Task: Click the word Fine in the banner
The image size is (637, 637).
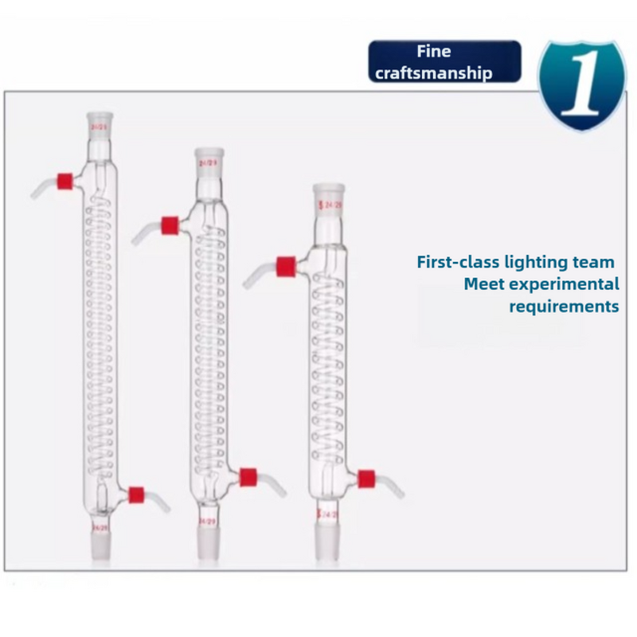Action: pos(434,52)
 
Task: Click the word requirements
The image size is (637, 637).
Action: pos(564,306)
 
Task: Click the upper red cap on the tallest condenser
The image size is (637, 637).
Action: pos(65,179)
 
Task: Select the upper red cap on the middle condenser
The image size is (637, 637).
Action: pos(168,225)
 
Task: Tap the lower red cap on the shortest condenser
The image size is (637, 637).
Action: pos(366,479)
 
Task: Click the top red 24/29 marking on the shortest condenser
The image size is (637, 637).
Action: pos(330,205)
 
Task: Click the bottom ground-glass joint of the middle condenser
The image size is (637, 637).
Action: pos(209,542)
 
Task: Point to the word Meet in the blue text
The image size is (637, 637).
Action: pos(484,283)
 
